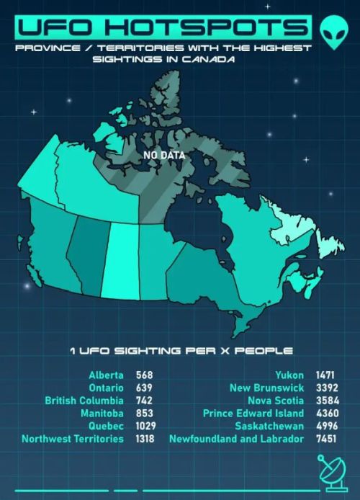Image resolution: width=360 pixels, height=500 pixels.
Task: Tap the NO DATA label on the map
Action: click(164, 155)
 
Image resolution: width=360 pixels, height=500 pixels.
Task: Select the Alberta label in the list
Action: click(107, 375)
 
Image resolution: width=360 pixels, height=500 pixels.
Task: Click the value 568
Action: click(145, 375)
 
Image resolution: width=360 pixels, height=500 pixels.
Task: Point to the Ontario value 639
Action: click(145, 388)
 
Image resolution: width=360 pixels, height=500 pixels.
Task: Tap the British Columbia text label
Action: click(84, 401)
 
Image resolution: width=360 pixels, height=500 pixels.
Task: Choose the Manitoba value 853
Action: click(145, 413)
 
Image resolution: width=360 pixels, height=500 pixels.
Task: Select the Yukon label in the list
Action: click(289, 375)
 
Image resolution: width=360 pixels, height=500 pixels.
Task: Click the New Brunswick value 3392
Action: click(327, 388)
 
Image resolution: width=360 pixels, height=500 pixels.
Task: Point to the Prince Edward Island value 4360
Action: click(327, 413)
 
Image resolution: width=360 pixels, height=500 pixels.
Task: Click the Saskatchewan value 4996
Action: click(327, 426)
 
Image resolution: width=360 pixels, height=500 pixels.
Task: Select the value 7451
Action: click(327, 438)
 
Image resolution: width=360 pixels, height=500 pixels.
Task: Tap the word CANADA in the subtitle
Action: click(209, 59)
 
